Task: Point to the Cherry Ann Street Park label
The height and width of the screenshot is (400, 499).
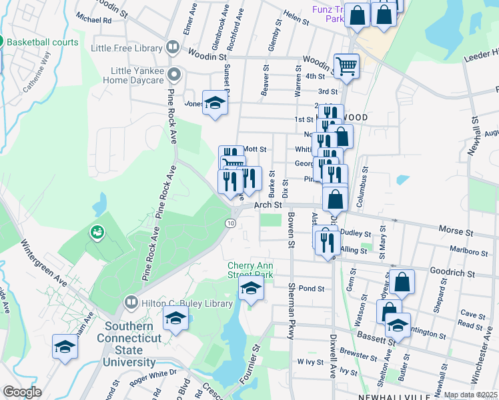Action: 251,270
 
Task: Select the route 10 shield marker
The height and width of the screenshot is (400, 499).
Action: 230,222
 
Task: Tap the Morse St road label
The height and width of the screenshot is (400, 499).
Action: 455,230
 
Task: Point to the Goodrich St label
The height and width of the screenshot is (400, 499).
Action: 452,273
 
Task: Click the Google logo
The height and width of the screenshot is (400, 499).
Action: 22,392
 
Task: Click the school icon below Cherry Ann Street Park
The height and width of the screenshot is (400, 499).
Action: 251,289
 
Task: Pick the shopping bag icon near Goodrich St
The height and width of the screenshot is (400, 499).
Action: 403,282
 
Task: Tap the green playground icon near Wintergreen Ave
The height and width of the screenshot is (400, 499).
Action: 97,233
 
